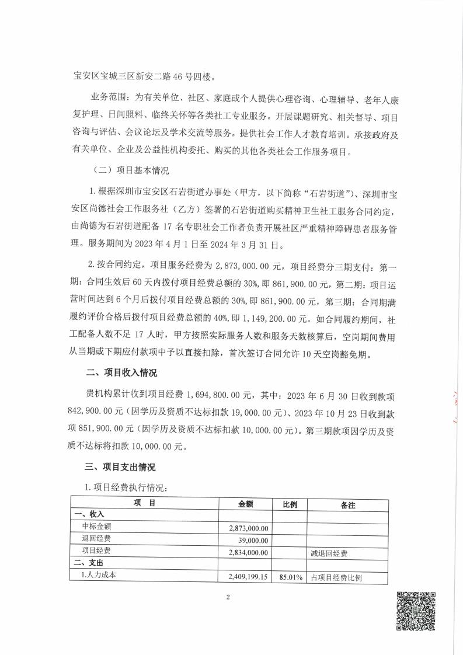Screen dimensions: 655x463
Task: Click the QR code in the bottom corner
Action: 417,611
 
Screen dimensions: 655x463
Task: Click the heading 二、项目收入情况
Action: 123,372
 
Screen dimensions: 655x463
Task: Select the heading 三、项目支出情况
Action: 123,468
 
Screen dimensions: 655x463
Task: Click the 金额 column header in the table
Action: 246,504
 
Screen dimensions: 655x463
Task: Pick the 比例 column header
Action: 290,504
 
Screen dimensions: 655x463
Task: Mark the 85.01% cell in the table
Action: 291,577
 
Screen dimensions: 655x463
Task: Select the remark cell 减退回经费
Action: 327,552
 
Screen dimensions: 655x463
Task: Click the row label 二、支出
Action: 88,565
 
